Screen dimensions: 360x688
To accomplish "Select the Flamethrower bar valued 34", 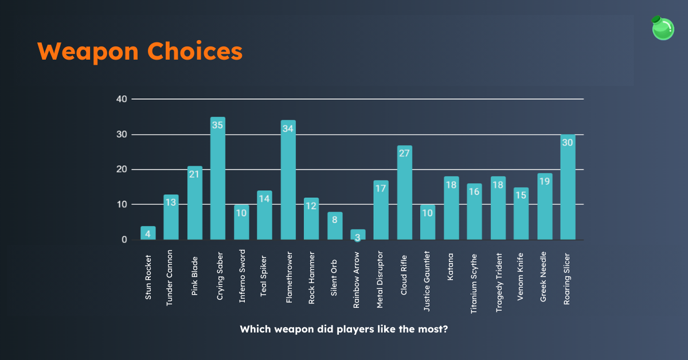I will coord(288,181).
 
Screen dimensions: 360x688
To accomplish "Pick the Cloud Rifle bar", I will coord(404,193).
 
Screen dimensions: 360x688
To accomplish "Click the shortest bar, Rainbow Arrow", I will coord(358,235).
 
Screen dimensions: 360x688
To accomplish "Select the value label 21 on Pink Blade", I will coord(194,174).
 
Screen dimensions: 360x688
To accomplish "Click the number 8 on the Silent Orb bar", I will coord(335,220).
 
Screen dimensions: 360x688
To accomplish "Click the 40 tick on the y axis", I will coord(121,99).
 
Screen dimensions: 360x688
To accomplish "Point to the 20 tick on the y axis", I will coord(121,170).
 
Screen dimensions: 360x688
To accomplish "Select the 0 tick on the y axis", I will coord(124,240).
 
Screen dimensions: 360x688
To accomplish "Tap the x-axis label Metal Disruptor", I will coord(380,279).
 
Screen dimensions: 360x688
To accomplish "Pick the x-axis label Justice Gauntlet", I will coord(428,279).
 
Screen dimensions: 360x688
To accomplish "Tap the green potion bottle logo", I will coord(663,28).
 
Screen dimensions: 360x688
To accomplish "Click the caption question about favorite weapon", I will coord(343,330).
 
